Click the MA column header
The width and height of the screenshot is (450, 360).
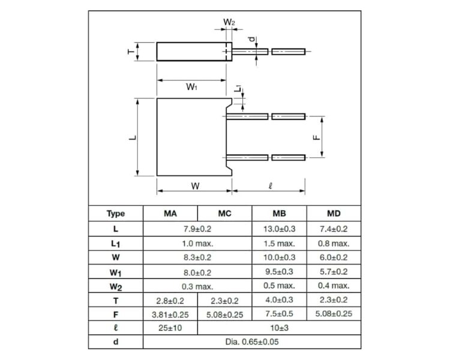click(x=170, y=214)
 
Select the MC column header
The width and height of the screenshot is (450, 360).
click(x=225, y=214)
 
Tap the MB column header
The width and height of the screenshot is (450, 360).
click(x=279, y=214)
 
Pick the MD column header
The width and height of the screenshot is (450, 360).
click(x=334, y=214)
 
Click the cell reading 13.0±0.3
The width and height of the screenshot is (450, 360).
click(x=279, y=229)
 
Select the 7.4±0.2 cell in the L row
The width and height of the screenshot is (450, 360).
click(x=334, y=229)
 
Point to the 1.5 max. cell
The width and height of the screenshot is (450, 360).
click(x=279, y=244)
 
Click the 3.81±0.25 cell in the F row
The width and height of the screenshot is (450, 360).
click(x=170, y=314)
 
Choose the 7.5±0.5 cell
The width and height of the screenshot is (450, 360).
click(x=279, y=314)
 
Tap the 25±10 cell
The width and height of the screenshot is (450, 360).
click(x=170, y=328)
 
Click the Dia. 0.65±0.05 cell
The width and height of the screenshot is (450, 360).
click(x=252, y=341)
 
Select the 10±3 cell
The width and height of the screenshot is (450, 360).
click(x=279, y=328)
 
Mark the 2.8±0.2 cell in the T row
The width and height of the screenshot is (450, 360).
click(x=170, y=301)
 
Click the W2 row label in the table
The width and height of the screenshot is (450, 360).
click(x=116, y=287)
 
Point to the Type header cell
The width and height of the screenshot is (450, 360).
click(x=116, y=214)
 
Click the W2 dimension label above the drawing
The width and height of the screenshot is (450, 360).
click(x=229, y=22)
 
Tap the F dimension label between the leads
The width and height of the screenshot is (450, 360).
click(x=316, y=137)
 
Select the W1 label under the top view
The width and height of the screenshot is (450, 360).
click(x=191, y=86)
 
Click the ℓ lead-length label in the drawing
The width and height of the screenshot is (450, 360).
click(x=271, y=186)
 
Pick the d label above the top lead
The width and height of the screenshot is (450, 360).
click(x=251, y=39)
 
